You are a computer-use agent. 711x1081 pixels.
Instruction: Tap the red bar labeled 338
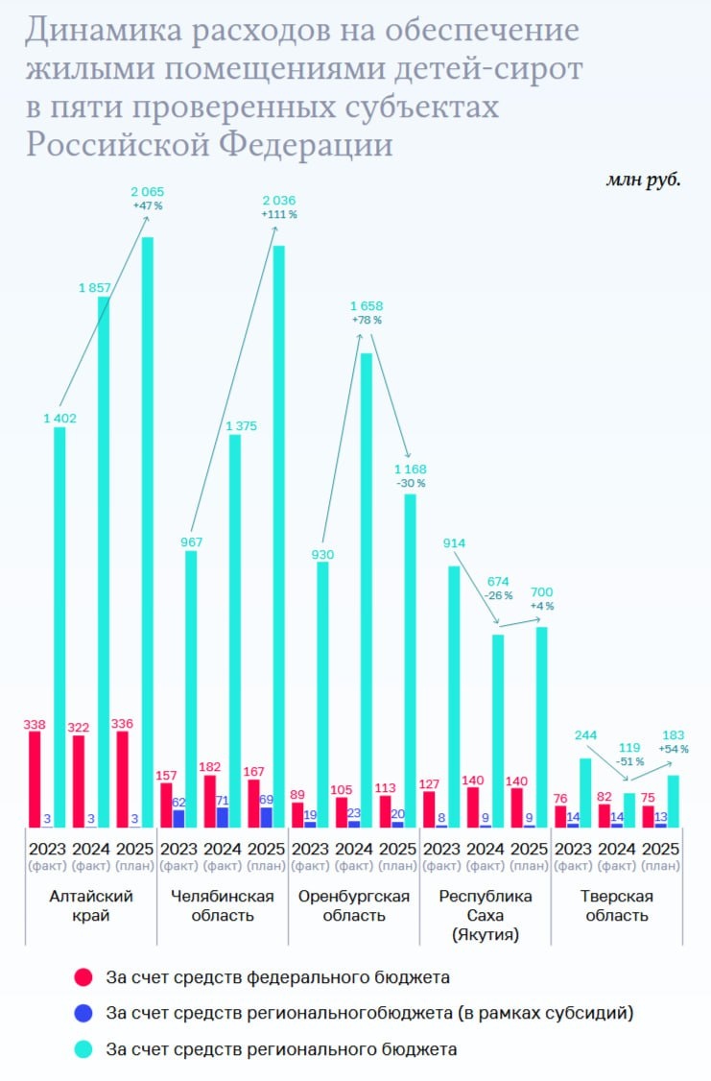35,778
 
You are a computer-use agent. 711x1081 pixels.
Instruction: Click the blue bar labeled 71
223,816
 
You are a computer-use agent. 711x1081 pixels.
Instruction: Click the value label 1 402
59,418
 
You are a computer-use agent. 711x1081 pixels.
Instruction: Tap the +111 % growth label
278,215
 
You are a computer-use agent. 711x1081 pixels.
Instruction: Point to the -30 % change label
410,483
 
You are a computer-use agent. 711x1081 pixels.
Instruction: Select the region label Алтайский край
91,905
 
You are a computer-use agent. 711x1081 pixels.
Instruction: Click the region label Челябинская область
223,905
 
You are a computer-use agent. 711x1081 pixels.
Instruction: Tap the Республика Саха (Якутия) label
485,914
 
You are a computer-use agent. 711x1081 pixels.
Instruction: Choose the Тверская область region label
617,905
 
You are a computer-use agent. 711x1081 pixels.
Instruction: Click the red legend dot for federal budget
83,978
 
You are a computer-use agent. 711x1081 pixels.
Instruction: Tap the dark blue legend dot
83,1013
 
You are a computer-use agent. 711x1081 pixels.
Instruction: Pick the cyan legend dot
83,1049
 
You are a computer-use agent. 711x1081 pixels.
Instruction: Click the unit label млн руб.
642,180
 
